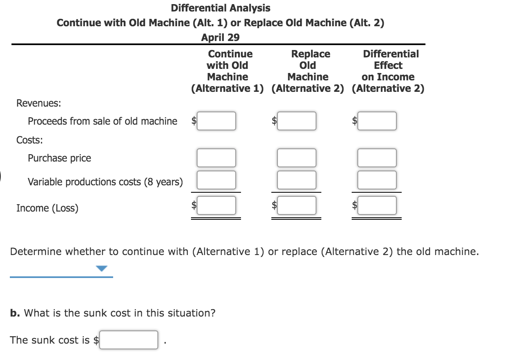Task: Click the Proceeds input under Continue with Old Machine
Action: [216, 121]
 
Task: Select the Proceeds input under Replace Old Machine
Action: [296, 121]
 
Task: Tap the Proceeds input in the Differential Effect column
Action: [377, 121]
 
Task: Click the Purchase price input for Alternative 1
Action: [216, 158]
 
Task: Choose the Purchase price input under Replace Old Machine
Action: [296, 158]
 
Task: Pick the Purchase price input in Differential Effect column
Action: [377, 158]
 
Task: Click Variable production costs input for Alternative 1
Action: [216, 180]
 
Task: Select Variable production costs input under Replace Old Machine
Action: [296, 180]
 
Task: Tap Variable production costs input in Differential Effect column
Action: [377, 180]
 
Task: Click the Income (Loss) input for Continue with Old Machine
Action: [216, 205]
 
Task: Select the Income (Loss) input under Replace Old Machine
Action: [296, 205]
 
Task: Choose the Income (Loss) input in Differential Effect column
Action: [377, 205]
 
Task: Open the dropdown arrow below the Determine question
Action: [102, 269]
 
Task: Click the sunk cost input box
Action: [129, 340]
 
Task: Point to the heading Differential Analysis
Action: [221, 8]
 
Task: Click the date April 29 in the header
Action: [221, 37]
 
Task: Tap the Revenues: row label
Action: [39, 103]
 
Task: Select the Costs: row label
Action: [30, 140]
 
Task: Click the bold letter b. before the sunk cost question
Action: [15, 313]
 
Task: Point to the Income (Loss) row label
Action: [47, 208]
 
